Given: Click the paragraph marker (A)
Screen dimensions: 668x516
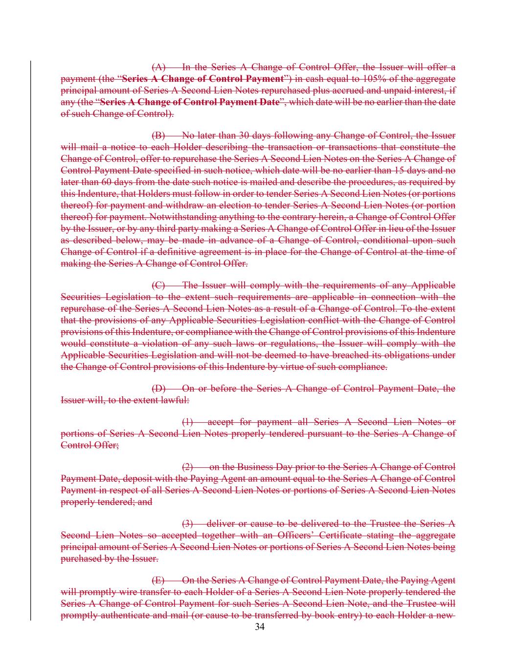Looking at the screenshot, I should [x=159, y=67].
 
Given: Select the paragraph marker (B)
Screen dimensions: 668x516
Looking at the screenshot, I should [x=159, y=136].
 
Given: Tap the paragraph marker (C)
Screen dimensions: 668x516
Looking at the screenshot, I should [x=159, y=285].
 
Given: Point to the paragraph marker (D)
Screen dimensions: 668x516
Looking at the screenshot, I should [x=159, y=389].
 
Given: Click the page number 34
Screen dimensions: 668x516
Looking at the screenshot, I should [x=260, y=628].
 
